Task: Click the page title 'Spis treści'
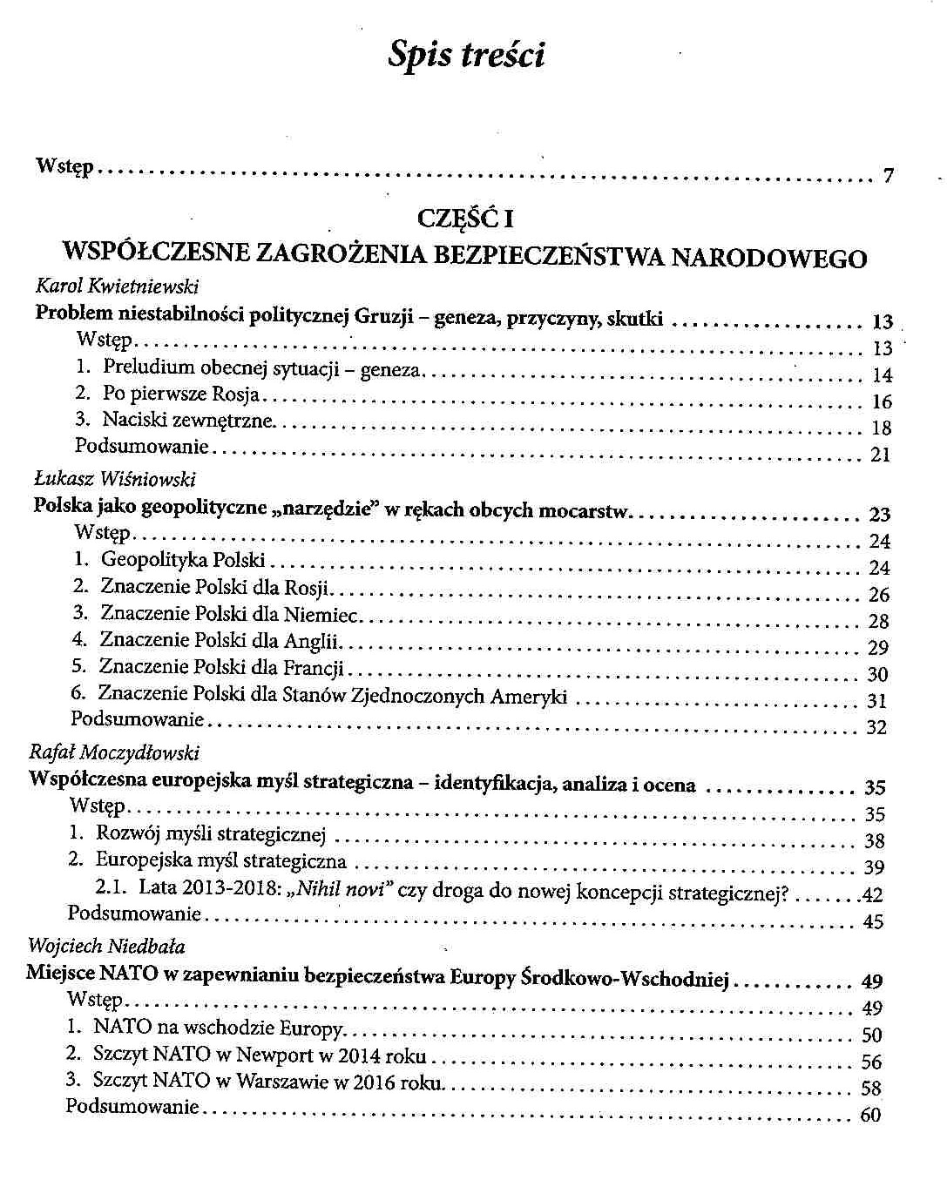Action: (x=467, y=56)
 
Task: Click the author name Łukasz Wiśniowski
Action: (x=114, y=479)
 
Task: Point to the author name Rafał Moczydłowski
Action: (x=114, y=752)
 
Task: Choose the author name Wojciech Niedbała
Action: (x=106, y=946)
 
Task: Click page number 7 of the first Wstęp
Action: (x=888, y=177)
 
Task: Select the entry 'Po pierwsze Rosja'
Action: (x=181, y=394)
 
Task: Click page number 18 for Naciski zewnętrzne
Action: (x=881, y=428)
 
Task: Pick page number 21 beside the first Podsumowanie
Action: (x=880, y=455)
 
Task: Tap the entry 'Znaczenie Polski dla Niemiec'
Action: (x=229, y=615)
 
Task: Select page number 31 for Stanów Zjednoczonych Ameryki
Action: (x=876, y=701)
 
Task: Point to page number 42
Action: (x=872, y=894)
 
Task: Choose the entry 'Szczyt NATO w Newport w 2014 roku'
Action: (x=260, y=1055)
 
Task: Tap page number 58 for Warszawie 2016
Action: (x=870, y=1089)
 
